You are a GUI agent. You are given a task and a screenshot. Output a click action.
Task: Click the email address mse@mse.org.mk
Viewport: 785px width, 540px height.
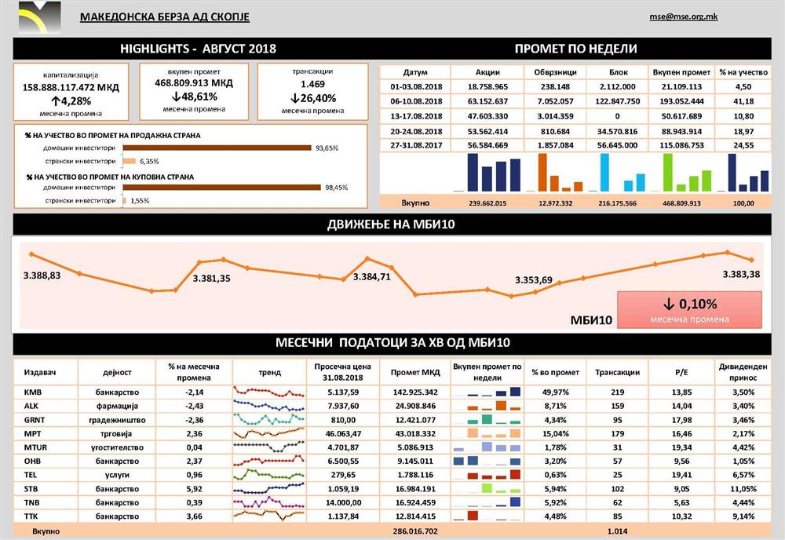pyautogui.click(x=683, y=16)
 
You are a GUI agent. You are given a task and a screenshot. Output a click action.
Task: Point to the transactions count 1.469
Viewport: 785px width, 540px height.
pyautogui.click(x=312, y=84)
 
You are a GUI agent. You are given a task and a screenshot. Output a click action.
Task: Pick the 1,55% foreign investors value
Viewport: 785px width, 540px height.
pyautogui.click(x=139, y=201)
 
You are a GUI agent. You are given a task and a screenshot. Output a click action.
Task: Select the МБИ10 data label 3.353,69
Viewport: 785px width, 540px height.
pyautogui.click(x=534, y=280)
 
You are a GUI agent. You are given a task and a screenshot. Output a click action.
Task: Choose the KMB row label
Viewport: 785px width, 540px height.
pyautogui.click(x=32, y=392)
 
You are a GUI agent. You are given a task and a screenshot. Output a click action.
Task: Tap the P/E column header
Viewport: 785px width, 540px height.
pyautogui.click(x=680, y=371)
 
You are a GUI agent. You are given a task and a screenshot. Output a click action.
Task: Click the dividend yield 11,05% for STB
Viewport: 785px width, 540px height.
pyautogui.click(x=741, y=488)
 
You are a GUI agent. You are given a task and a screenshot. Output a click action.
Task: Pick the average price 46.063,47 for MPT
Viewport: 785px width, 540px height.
pyautogui.click(x=337, y=434)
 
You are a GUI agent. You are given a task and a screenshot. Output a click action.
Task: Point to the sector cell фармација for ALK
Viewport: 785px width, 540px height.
pyautogui.click(x=121, y=406)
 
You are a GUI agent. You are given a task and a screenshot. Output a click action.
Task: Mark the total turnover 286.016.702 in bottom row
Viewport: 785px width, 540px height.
pyautogui.click(x=414, y=531)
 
